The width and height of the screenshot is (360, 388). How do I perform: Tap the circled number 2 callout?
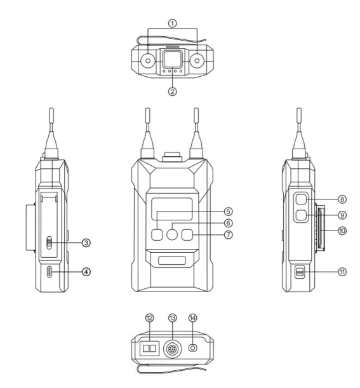click(173, 90)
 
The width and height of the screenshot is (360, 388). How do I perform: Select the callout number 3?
click(86, 243)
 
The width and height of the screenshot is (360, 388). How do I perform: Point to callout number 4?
click(86, 272)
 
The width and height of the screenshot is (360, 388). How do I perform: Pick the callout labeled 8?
click(342, 199)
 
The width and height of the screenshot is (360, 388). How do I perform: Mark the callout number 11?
click(342, 271)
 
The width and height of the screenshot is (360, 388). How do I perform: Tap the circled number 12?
click(150, 318)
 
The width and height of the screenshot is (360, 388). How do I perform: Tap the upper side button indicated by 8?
click(301, 199)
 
